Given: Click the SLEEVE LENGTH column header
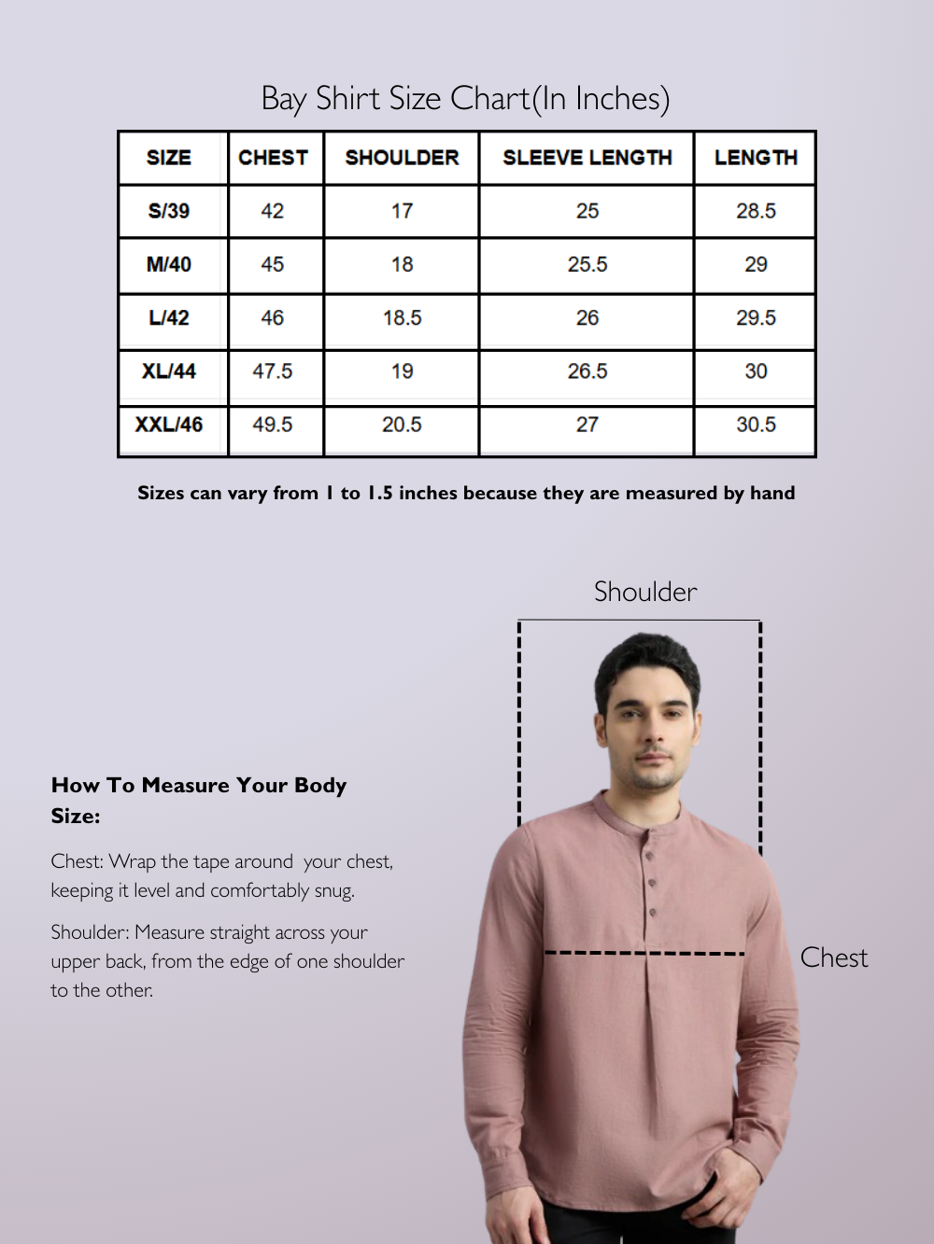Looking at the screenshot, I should [587, 158].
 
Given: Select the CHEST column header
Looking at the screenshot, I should [273, 158].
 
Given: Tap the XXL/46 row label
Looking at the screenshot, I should [169, 425].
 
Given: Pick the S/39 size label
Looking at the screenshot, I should [169, 211].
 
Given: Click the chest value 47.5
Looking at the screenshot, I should [273, 371].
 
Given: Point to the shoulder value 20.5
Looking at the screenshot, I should [402, 425].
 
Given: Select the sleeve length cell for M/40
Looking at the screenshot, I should [587, 265].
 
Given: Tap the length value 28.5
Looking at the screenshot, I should [756, 211].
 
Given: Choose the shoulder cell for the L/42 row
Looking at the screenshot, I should [402, 318].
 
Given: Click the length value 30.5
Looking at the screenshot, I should [756, 425].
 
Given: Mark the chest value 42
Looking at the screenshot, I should [273, 211].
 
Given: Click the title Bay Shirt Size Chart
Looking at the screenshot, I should [465, 99].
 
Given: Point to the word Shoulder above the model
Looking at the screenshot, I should [645, 592].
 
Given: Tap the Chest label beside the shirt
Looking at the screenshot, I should [833, 957].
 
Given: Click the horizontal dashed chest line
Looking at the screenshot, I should [644, 953].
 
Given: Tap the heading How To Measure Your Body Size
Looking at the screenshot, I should [199, 800].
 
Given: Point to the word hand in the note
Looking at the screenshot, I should [772, 493].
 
